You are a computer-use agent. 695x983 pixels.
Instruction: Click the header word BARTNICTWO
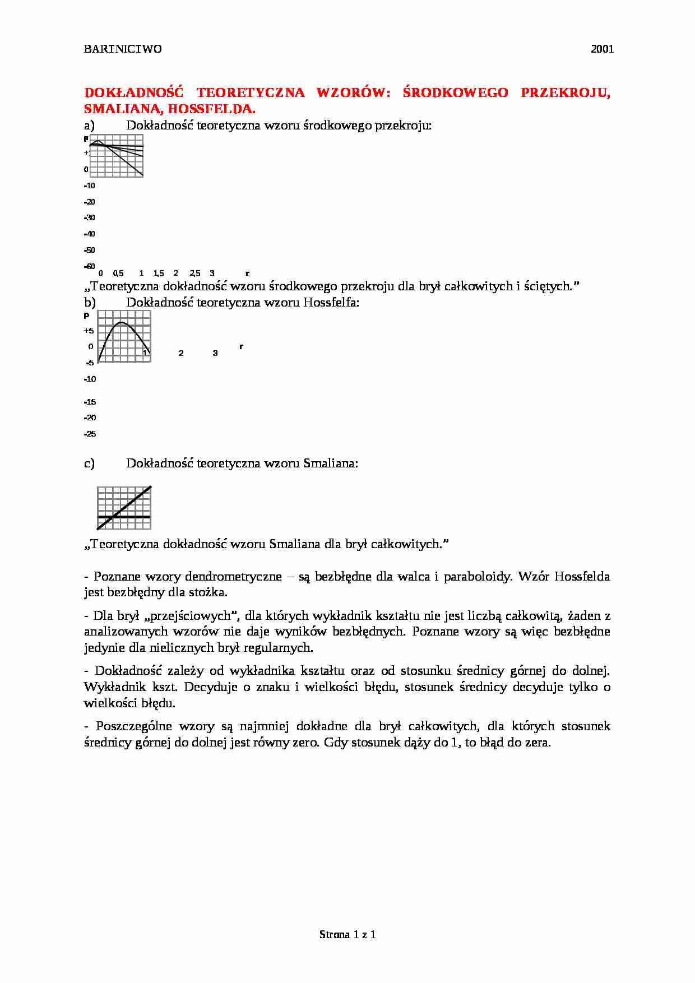pyautogui.click(x=123, y=49)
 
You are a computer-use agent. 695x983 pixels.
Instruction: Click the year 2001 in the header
pyautogui.click(x=602, y=49)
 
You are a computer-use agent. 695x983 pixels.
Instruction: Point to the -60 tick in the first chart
pyautogui.click(x=89, y=266)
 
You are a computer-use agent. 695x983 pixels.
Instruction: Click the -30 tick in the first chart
pyautogui.click(x=89, y=218)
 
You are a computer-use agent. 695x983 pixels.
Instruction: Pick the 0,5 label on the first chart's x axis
pyautogui.click(x=118, y=273)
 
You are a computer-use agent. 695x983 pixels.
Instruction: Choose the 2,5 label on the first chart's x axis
pyautogui.click(x=194, y=273)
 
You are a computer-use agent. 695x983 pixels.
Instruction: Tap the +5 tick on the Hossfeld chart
pyautogui.click(x=89, y=331)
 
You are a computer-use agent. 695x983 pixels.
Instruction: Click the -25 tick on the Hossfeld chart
pyautogui.click(x=90, y=434)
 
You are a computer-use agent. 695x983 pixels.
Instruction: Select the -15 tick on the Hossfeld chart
pyautogui.click(x=90, y=402)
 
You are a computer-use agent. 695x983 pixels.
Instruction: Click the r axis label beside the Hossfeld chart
pyautogui.click(x=241, y=347)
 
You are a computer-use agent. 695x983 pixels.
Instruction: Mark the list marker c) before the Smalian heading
pyautogui.click(x=89, y=463)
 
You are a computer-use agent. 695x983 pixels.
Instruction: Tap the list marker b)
pyautogui.click(x=90, y=303)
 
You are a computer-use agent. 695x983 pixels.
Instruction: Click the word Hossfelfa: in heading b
pyautogui.click(x=331, y=303)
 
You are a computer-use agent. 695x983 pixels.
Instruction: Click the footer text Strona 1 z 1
pyautogui.click(x=347, y=934)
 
